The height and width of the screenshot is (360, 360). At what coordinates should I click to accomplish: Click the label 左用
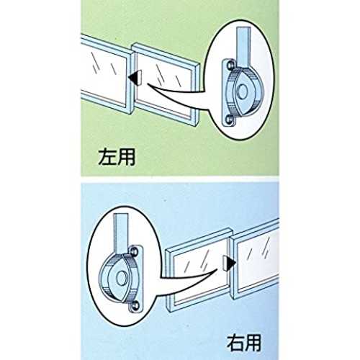coord(117,157)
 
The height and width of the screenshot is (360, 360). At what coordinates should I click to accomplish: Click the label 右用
coord(244,343)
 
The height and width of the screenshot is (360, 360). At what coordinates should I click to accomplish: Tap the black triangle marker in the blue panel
coord(231,264)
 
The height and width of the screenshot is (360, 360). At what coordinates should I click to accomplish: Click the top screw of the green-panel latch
coord(230,65)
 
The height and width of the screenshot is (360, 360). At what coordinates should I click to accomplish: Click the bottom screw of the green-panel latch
coord(230,119)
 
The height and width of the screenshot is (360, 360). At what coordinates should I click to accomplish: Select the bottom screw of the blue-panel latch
coord(135,305)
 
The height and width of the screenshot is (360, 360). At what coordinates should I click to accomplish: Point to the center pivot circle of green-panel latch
coord(243,91)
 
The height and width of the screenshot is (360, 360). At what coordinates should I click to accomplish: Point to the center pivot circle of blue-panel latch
coord(122,279)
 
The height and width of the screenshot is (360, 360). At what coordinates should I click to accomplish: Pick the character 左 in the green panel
coord(107,157)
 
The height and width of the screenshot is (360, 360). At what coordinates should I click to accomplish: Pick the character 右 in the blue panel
coord(235,343)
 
